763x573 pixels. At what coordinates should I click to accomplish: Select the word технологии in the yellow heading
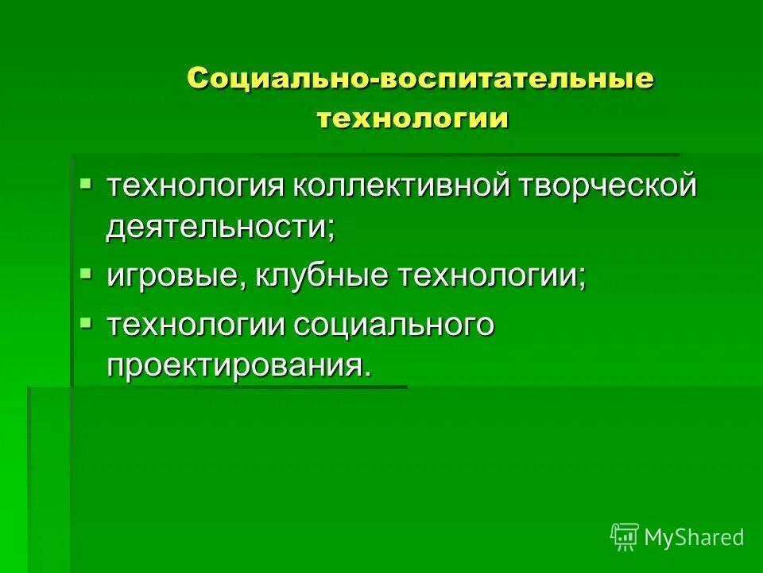[412, 119]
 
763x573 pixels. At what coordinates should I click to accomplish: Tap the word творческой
[609, 187]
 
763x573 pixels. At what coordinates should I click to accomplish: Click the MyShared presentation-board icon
[625, 537]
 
